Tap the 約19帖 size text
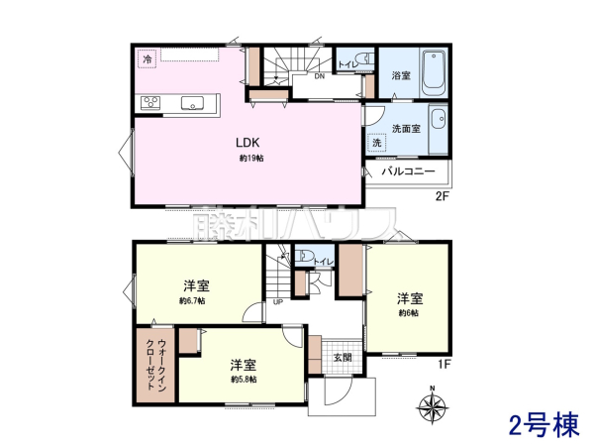pos(249,159)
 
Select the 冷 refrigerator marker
pos(147,60)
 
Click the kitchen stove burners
pos(153,101)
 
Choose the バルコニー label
pos(409,171)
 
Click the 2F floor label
pos(443,196)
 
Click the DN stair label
pos(320,76)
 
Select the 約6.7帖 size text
pos(192,301)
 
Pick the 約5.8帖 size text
pos(244,380)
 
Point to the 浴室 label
pos(401,75)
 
